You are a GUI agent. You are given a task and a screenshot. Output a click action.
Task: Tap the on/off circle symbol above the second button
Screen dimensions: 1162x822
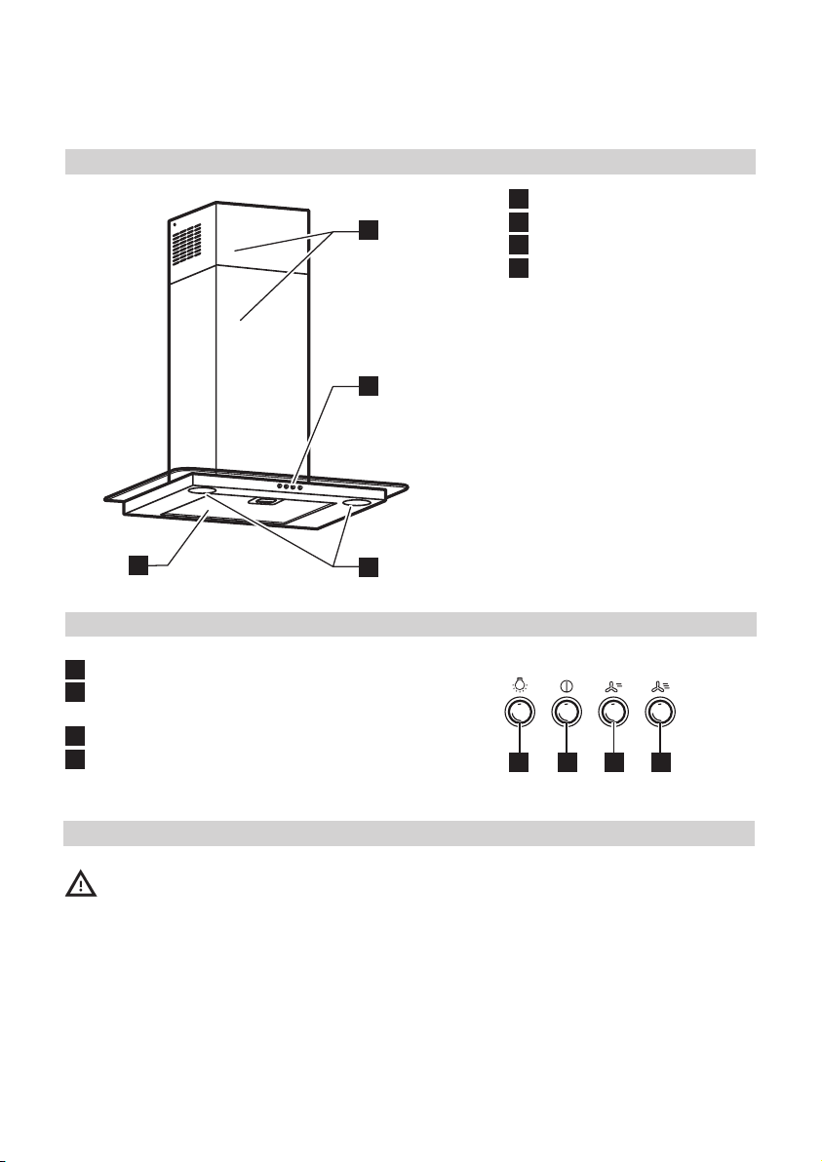click(x=566, y=684)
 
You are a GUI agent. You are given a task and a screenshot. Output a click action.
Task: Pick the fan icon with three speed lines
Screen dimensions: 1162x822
click(x=661, y=684)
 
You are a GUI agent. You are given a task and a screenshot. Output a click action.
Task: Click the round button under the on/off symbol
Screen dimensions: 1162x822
click(x=566, y=714)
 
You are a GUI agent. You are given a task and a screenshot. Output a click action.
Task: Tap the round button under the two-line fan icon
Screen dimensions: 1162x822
click(x=613, y=714)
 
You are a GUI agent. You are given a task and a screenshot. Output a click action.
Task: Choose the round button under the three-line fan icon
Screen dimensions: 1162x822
click(x=661, y=714)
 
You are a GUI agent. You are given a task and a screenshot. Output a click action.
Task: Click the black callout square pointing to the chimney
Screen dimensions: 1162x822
click(x=367, y=230)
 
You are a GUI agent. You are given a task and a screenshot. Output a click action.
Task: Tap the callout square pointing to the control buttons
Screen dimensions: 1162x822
click(x=367, y=386)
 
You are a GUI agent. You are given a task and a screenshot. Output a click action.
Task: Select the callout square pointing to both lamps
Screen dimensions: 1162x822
click(x=367, y=566)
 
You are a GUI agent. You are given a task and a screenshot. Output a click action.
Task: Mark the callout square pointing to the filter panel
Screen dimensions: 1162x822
click(x=138, y=566)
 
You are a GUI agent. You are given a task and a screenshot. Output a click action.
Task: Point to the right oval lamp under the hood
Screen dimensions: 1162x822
click(x=356, y=503)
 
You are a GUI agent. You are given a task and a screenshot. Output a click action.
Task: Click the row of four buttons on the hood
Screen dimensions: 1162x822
click(x=289, y=484)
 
